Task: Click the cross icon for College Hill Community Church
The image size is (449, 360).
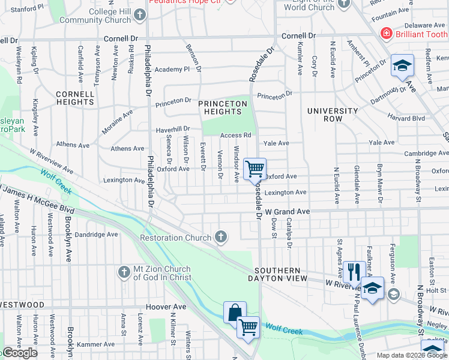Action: (x=140, y=15)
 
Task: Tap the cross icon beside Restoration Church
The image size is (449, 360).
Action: (x=221, y=238)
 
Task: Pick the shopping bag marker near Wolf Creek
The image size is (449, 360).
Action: (x=235, y=312)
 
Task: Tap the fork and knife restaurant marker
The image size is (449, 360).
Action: (x=354, y=271)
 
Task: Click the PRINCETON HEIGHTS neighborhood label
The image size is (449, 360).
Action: (x=223, y=108)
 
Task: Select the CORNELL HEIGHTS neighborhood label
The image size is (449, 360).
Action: (x=75, y=98)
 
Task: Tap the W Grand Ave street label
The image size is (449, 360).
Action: (x=288, y=212)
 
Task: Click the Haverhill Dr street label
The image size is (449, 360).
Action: (x=173, y=129)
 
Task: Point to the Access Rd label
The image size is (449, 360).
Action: (x=235, y=136)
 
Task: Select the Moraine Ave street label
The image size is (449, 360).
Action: (x=119, y=113)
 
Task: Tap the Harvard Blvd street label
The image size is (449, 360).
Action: (x=406, y=118)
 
